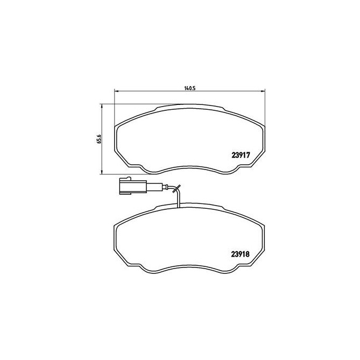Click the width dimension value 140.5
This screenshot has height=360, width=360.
188,88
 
